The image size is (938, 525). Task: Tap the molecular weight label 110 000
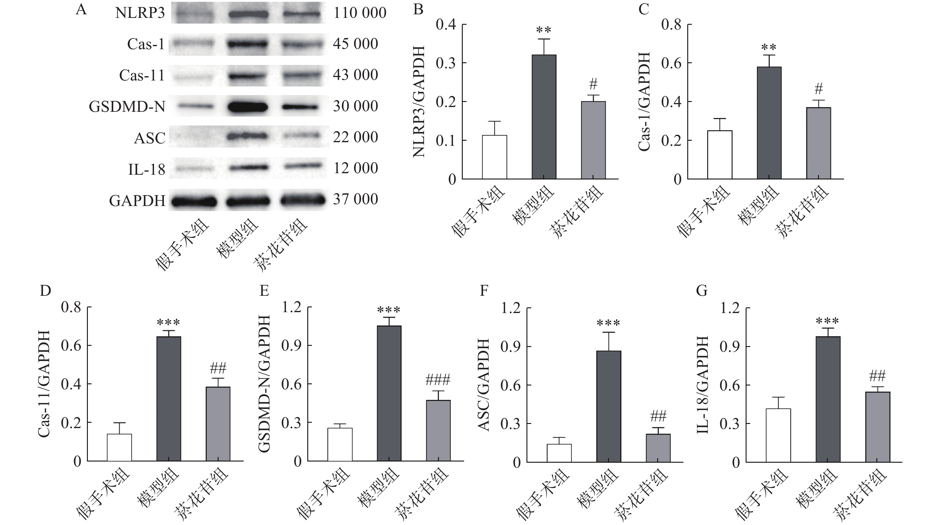(359, 13)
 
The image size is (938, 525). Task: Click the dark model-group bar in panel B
(544, 117)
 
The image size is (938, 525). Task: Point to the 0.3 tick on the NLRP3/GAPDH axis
(446, 63)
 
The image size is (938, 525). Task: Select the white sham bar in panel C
(719, 155)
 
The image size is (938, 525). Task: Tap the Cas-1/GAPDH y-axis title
(644, 101)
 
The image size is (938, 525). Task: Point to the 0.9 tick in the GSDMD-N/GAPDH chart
(291, 346)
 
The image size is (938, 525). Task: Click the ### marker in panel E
(438, 380)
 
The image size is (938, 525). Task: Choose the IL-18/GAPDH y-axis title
(702, 385)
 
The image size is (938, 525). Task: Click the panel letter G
(701, 291)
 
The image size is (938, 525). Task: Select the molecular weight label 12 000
(355, 168)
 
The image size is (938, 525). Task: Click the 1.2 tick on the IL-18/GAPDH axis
(729, 308)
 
